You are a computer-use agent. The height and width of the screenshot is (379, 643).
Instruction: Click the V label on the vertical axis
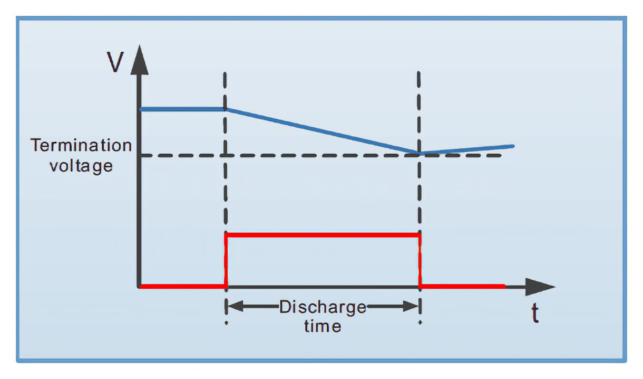(x=115, y=62)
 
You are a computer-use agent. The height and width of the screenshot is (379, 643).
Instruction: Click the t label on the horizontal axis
(x=535, y=314)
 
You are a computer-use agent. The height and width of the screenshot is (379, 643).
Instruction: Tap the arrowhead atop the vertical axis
(x=139, y=60)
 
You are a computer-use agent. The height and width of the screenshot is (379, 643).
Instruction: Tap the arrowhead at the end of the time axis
(x=540, y=287)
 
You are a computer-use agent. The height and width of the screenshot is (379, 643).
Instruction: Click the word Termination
(x=81, y=145)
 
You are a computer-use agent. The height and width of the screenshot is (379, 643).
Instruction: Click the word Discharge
(x=323, y=307)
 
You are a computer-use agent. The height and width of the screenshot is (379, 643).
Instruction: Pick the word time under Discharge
(x=323, y=327)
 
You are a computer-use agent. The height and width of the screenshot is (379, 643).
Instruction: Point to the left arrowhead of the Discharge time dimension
(x=236, y=306)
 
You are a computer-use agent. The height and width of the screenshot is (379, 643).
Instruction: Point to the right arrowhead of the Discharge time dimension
(x=411, y=306)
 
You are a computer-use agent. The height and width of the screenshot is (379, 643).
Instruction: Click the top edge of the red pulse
(x=323, y=235)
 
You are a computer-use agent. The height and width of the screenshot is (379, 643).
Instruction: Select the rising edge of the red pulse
(x=226, y=261)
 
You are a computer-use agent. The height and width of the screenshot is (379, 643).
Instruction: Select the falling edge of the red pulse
(x=420, y=261)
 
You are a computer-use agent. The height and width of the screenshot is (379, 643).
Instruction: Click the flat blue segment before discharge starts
(x=182, y=109)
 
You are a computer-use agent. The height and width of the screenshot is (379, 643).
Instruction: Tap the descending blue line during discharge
(x=323, y=131)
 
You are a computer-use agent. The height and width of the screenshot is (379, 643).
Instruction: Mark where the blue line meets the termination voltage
(x=419, y=154)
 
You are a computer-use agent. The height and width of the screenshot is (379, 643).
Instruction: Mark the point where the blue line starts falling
(x=226, y=109)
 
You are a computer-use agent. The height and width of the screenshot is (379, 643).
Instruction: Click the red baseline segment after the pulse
(x=462, y=287)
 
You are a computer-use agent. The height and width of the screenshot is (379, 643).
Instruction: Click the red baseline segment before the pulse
(x=183, y=287)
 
